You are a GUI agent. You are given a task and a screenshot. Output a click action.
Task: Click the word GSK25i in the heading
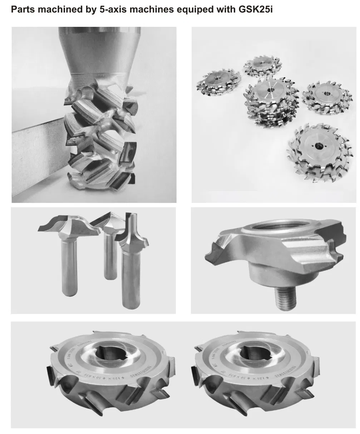point(255,10)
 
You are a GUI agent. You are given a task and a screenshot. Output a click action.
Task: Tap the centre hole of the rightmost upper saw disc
point(327,91)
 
